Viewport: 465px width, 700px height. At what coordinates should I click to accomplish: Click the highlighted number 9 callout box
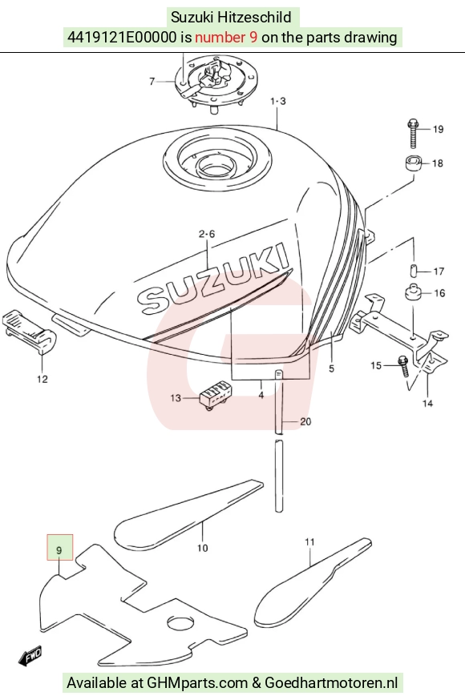60,547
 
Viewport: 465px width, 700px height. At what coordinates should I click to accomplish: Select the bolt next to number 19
413,133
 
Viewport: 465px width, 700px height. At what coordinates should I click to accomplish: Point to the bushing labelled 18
413,163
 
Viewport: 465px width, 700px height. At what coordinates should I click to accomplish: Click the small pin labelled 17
414,271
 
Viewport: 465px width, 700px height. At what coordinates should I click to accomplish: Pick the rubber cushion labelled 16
413,293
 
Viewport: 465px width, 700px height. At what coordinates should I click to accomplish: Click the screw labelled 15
404,366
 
